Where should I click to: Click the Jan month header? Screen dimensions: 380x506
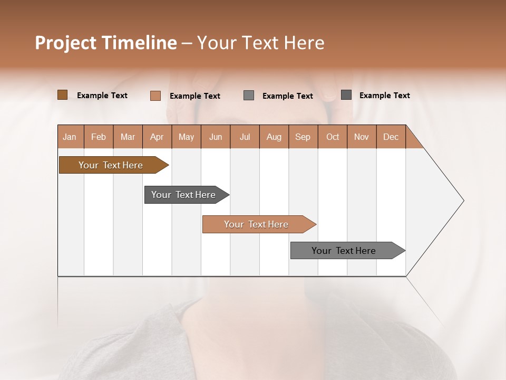pos(70,137)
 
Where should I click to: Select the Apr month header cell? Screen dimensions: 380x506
pos(157,137)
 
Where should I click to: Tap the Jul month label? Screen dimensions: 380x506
pos(245,137)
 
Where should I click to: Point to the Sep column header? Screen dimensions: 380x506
pos(303,137)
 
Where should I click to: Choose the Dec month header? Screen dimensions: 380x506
pos(391,137)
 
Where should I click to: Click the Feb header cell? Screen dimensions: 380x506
pos(99,137)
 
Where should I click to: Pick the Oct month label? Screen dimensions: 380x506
pos(333,137)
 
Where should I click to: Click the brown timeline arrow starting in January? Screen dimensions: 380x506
pos(111,165)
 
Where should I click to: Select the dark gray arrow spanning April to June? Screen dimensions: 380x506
pos(183,195)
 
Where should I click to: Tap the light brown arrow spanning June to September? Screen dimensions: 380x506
pos(256,224)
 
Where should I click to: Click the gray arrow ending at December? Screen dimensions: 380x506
pos(344,251)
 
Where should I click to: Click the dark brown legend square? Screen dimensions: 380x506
pos(62,95)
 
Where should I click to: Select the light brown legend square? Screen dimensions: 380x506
pos(155,96)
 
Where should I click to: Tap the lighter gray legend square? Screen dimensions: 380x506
pos(249,96)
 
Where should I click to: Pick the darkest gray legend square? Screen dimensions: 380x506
pos(346,95)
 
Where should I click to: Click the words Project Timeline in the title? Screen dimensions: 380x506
pos(105,43)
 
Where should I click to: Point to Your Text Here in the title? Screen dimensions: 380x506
pos(261,43)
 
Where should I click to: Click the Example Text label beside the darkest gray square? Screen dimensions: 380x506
pos(384,96)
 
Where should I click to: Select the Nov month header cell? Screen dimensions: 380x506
pos(362,137)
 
